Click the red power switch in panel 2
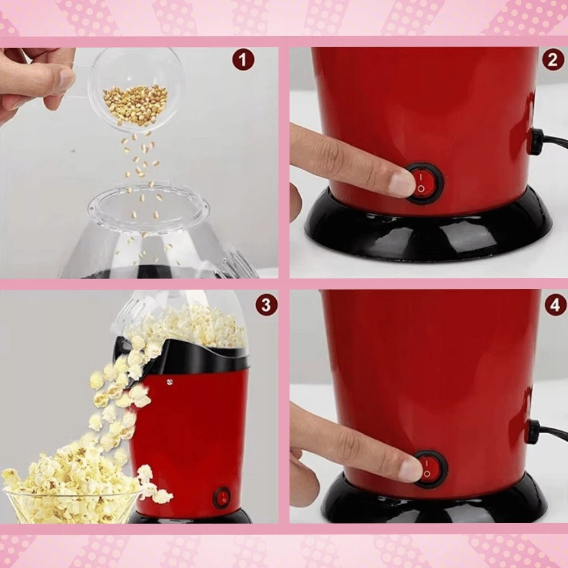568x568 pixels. (424, 182)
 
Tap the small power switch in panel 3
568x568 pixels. (223, 497)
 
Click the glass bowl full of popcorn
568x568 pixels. (70, 485)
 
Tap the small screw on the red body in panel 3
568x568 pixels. (169, 382)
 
